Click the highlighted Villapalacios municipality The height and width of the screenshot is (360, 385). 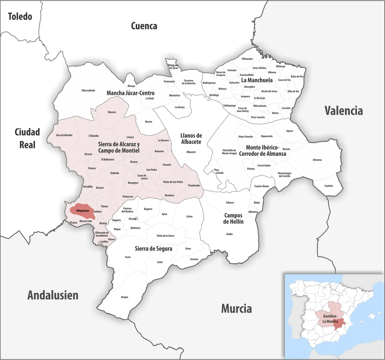(82, 211)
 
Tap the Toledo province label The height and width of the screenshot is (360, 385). (20, 17)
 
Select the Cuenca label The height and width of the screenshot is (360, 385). (144, 26)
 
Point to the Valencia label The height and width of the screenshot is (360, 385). (343, 111)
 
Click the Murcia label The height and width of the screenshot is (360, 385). (236, 309)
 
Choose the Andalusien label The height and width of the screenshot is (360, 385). (53, 295)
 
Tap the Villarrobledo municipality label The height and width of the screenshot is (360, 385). (88, 90)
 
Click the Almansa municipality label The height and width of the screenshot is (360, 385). (317, 160)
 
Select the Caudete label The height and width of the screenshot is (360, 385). (328, 186)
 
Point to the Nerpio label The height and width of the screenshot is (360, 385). (125, 297)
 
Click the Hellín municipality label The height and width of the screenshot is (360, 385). (229, 234)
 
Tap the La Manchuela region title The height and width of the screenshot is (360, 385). (257, 80)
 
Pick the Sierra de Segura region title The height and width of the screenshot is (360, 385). (153, 249)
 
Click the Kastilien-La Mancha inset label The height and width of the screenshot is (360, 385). (330, 319)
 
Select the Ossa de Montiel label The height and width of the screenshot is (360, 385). (64, 135)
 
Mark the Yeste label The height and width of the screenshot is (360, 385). (128, 257)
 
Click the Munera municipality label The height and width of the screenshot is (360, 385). (112, 112)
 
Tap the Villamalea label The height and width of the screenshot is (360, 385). (247, 59)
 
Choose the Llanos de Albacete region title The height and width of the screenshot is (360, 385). (191, 139)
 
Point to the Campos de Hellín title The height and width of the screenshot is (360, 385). (233, 218)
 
